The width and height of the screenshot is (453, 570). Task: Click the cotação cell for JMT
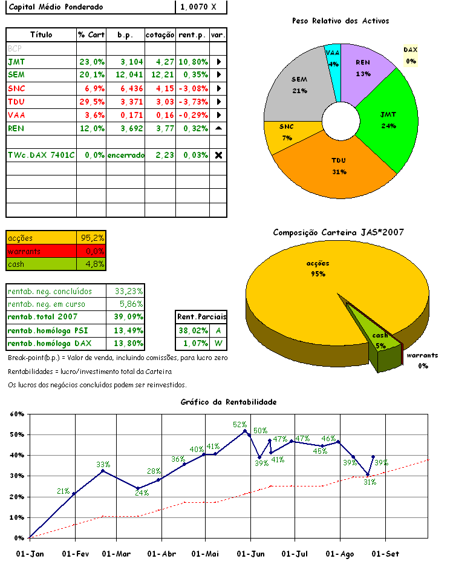160,62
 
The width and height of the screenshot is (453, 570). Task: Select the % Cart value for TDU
91,102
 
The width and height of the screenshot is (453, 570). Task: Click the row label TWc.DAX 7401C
41,155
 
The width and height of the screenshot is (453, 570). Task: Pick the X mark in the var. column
218,155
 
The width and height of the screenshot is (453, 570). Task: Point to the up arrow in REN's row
218,128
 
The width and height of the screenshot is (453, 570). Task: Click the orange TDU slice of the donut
339,166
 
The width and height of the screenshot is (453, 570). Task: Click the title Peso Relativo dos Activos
340,21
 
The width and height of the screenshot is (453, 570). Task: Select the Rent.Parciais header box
201,316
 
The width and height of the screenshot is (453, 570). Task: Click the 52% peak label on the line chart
240,425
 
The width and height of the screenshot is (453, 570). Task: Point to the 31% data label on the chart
370,482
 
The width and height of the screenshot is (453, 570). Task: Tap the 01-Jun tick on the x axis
250,554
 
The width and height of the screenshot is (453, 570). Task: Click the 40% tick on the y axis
16,455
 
